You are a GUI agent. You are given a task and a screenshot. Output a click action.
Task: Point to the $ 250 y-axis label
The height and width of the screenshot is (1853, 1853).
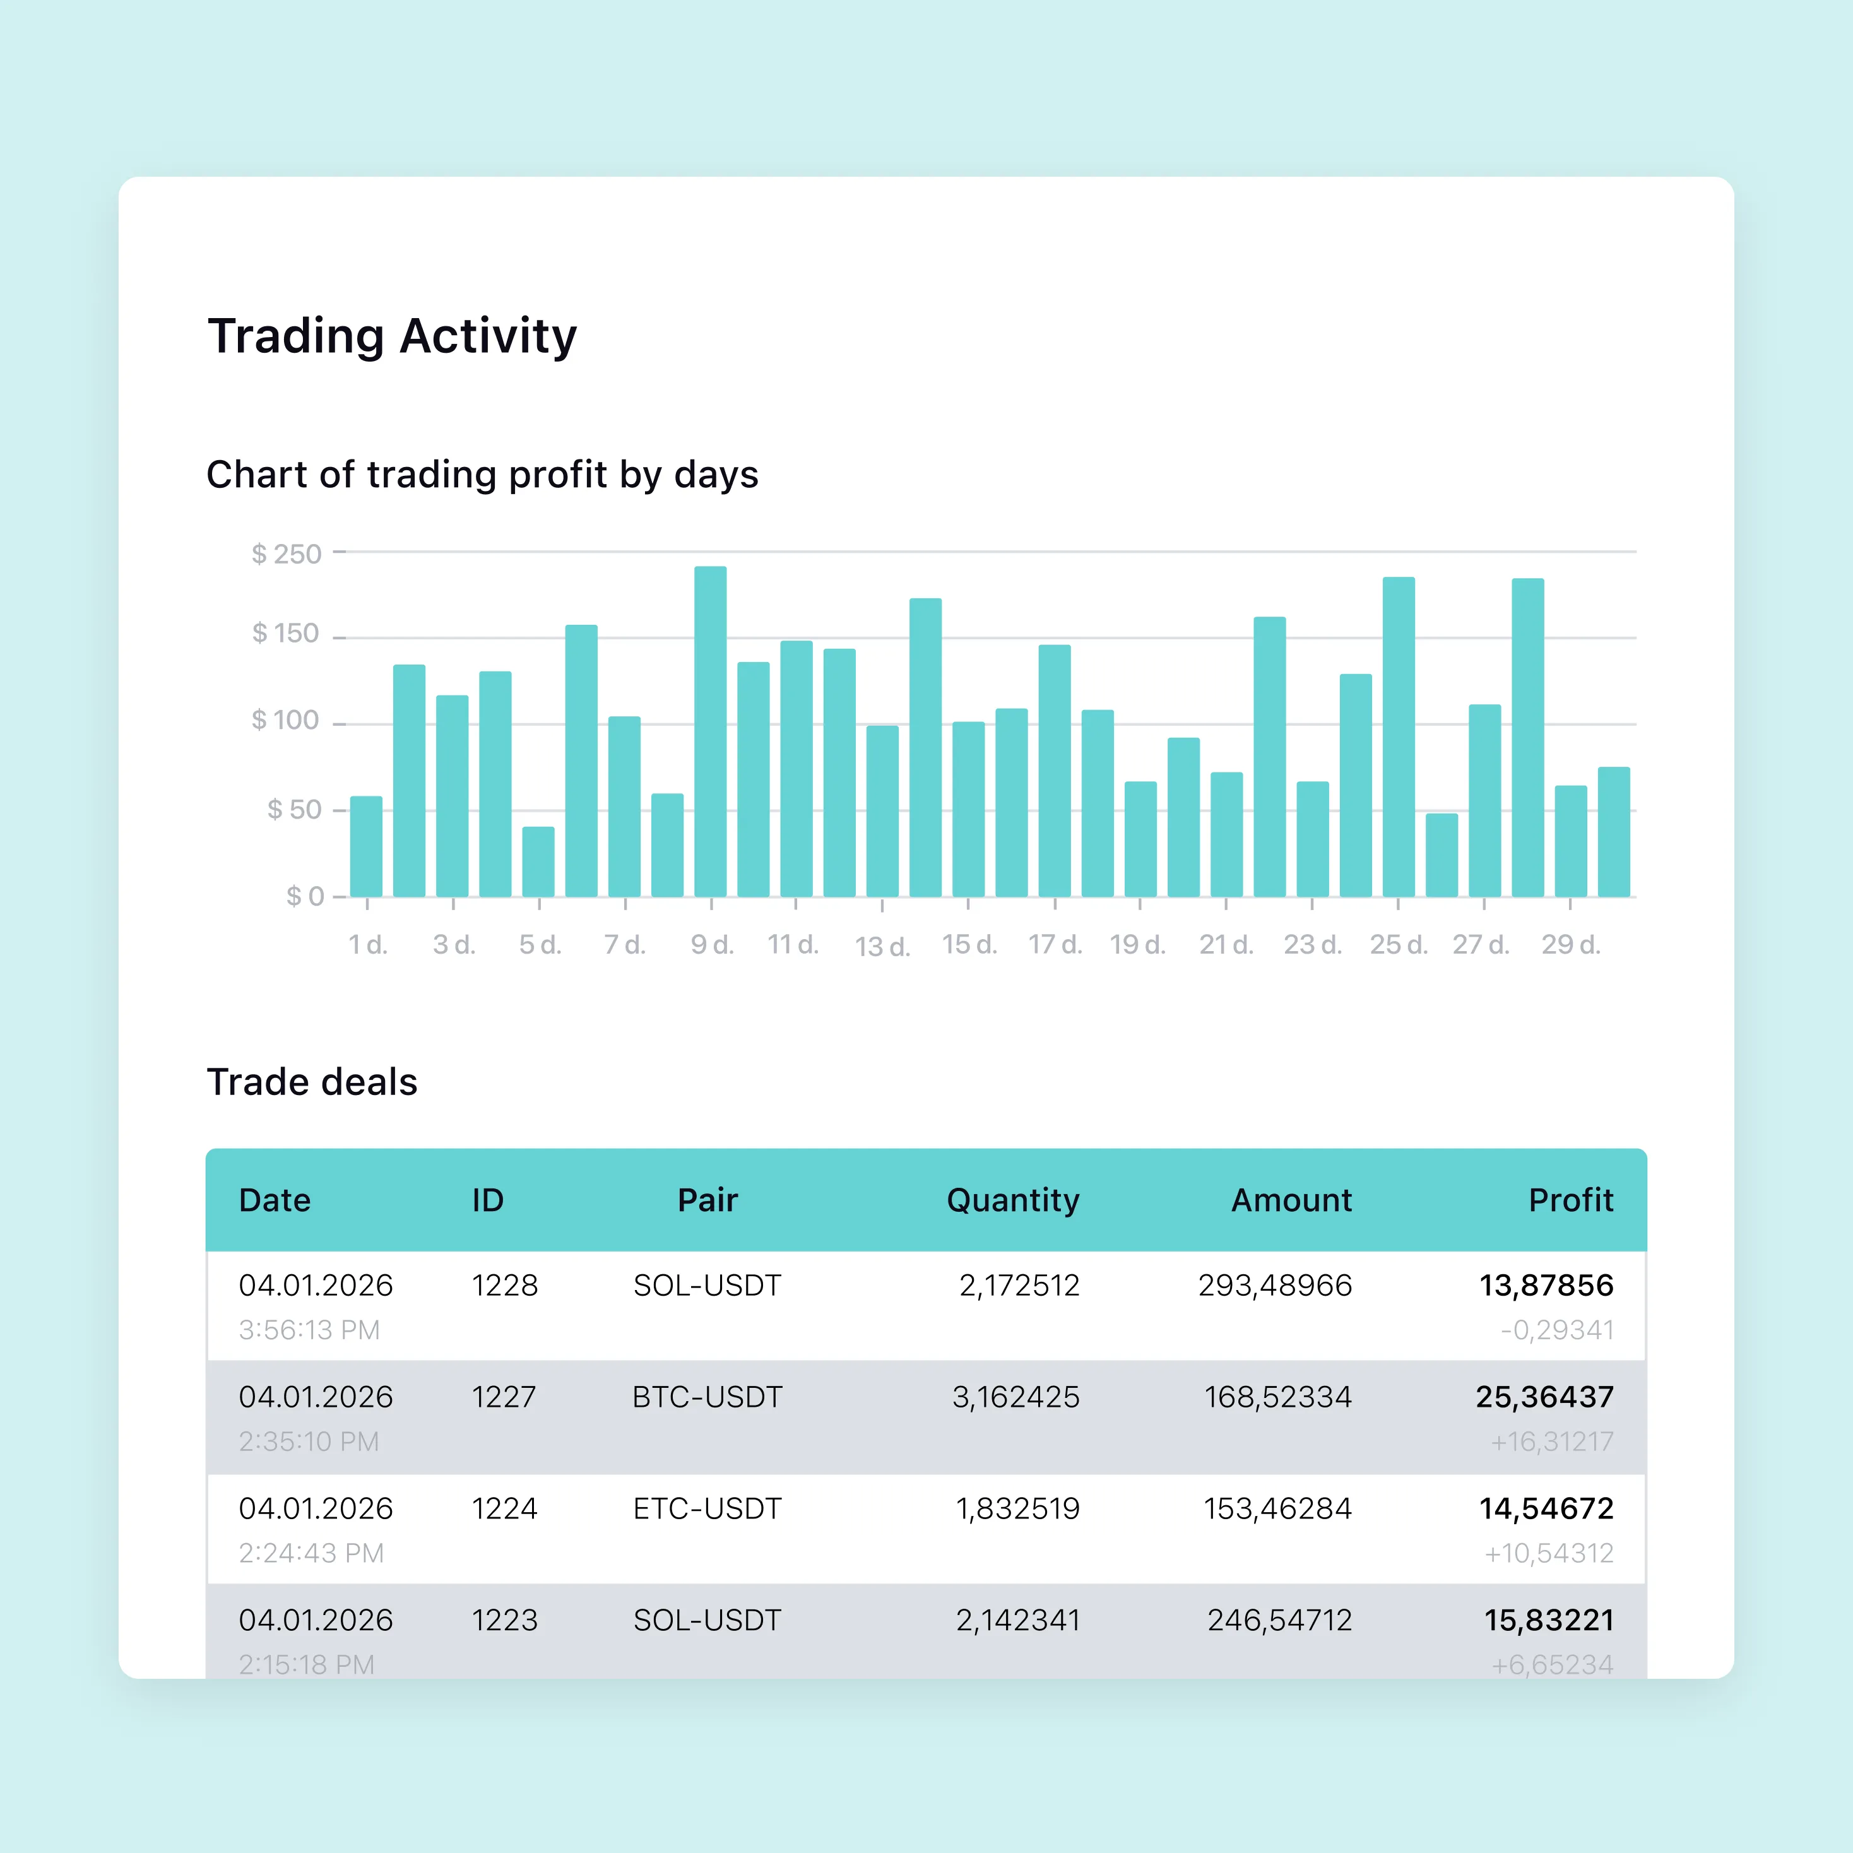(x=286, y=554)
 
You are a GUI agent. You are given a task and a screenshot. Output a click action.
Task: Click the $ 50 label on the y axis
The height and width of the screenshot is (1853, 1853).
(x=293, y=810)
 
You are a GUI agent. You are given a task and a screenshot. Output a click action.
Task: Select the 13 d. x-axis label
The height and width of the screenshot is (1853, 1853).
(x=882, y=947)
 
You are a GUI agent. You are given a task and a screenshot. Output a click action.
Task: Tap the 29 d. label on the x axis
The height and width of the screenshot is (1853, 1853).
(x=1570, y=945)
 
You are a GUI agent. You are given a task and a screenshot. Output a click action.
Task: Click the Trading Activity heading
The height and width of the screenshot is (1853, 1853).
(x=393, y=336)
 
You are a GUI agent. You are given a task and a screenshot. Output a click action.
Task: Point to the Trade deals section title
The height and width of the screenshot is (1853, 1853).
(x=312, y=1082)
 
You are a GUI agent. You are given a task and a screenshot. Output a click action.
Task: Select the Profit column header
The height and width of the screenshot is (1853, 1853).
(x=1570, y=1200)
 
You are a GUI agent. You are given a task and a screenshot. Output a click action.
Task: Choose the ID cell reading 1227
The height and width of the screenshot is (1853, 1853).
(x=504, y=1397)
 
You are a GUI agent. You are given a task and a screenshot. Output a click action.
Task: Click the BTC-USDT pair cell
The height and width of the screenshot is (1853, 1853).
(x=707, y=1397)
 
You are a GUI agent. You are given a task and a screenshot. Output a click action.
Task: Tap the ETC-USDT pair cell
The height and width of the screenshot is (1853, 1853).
(x=707, y=1508)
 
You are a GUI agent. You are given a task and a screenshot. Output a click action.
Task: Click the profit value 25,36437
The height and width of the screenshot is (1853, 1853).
(x=1544, y=1397)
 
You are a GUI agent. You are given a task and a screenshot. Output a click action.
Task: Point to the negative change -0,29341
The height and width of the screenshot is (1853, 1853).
(x=1556, y=1330)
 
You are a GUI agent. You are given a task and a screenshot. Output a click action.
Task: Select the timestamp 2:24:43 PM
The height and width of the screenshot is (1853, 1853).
(x=311, y=1553)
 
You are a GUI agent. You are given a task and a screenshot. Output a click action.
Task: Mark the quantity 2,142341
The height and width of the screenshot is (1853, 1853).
(x=1017, y=1620)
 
